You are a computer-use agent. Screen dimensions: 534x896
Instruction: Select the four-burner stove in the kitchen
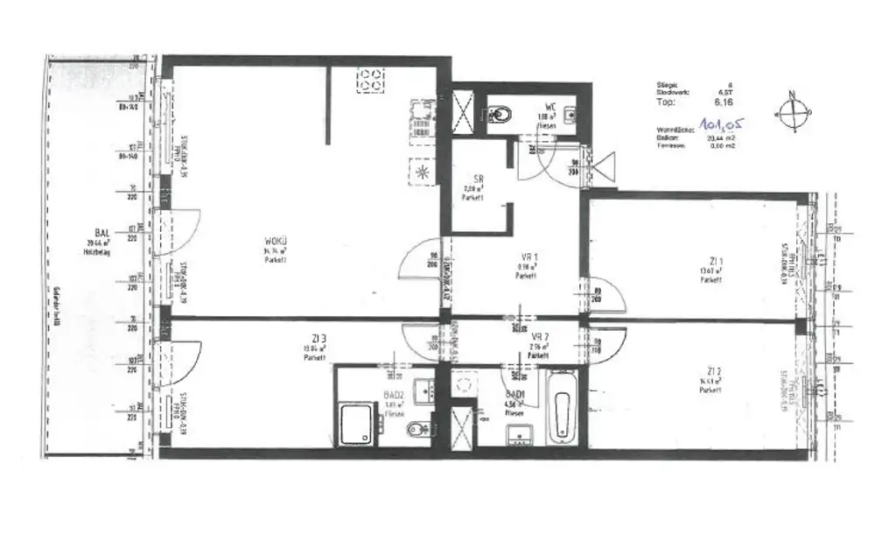pos(371,80)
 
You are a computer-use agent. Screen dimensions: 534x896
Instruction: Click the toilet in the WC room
pos(501,114)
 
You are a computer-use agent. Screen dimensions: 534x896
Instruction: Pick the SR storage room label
pos(478,179)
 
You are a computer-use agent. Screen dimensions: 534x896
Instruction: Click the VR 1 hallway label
pos(526,258)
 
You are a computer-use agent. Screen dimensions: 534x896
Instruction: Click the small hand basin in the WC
pos(570,113)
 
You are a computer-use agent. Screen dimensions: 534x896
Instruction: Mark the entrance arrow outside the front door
pos(604,165)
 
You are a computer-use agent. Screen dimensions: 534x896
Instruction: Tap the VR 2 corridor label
pos(540,336)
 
